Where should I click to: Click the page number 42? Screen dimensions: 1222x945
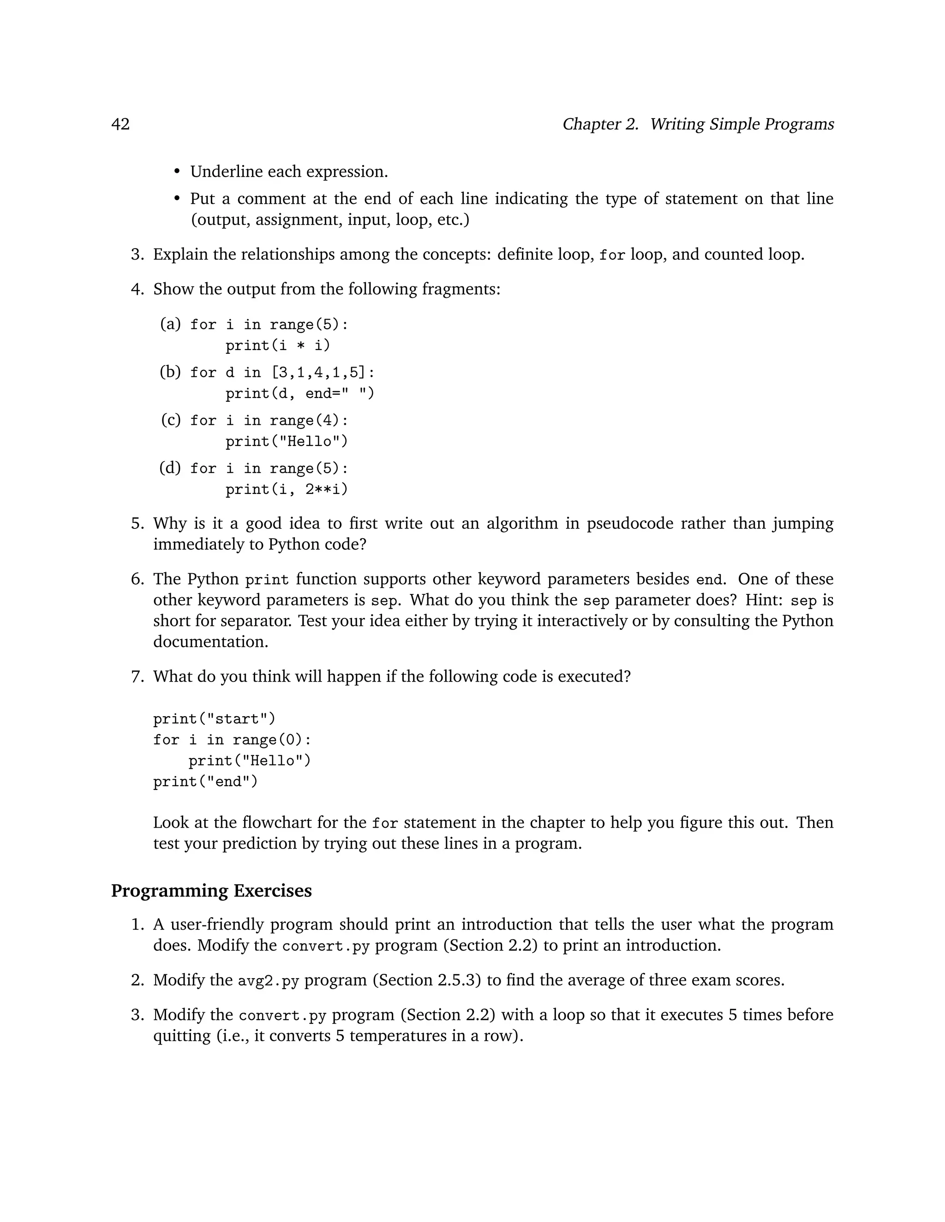click(x=120, y=124)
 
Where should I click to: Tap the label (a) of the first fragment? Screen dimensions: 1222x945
click(x=170, y=324)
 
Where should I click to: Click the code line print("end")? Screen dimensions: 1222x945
click(x=205, y=781)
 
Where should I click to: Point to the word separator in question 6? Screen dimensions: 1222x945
click(x=256, y=621)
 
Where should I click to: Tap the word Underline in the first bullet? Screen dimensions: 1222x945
click(x=226, y=171)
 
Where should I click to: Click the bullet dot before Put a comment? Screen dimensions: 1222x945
click(x=177, y=199)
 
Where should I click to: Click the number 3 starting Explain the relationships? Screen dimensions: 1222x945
click(x=137, y=255)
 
